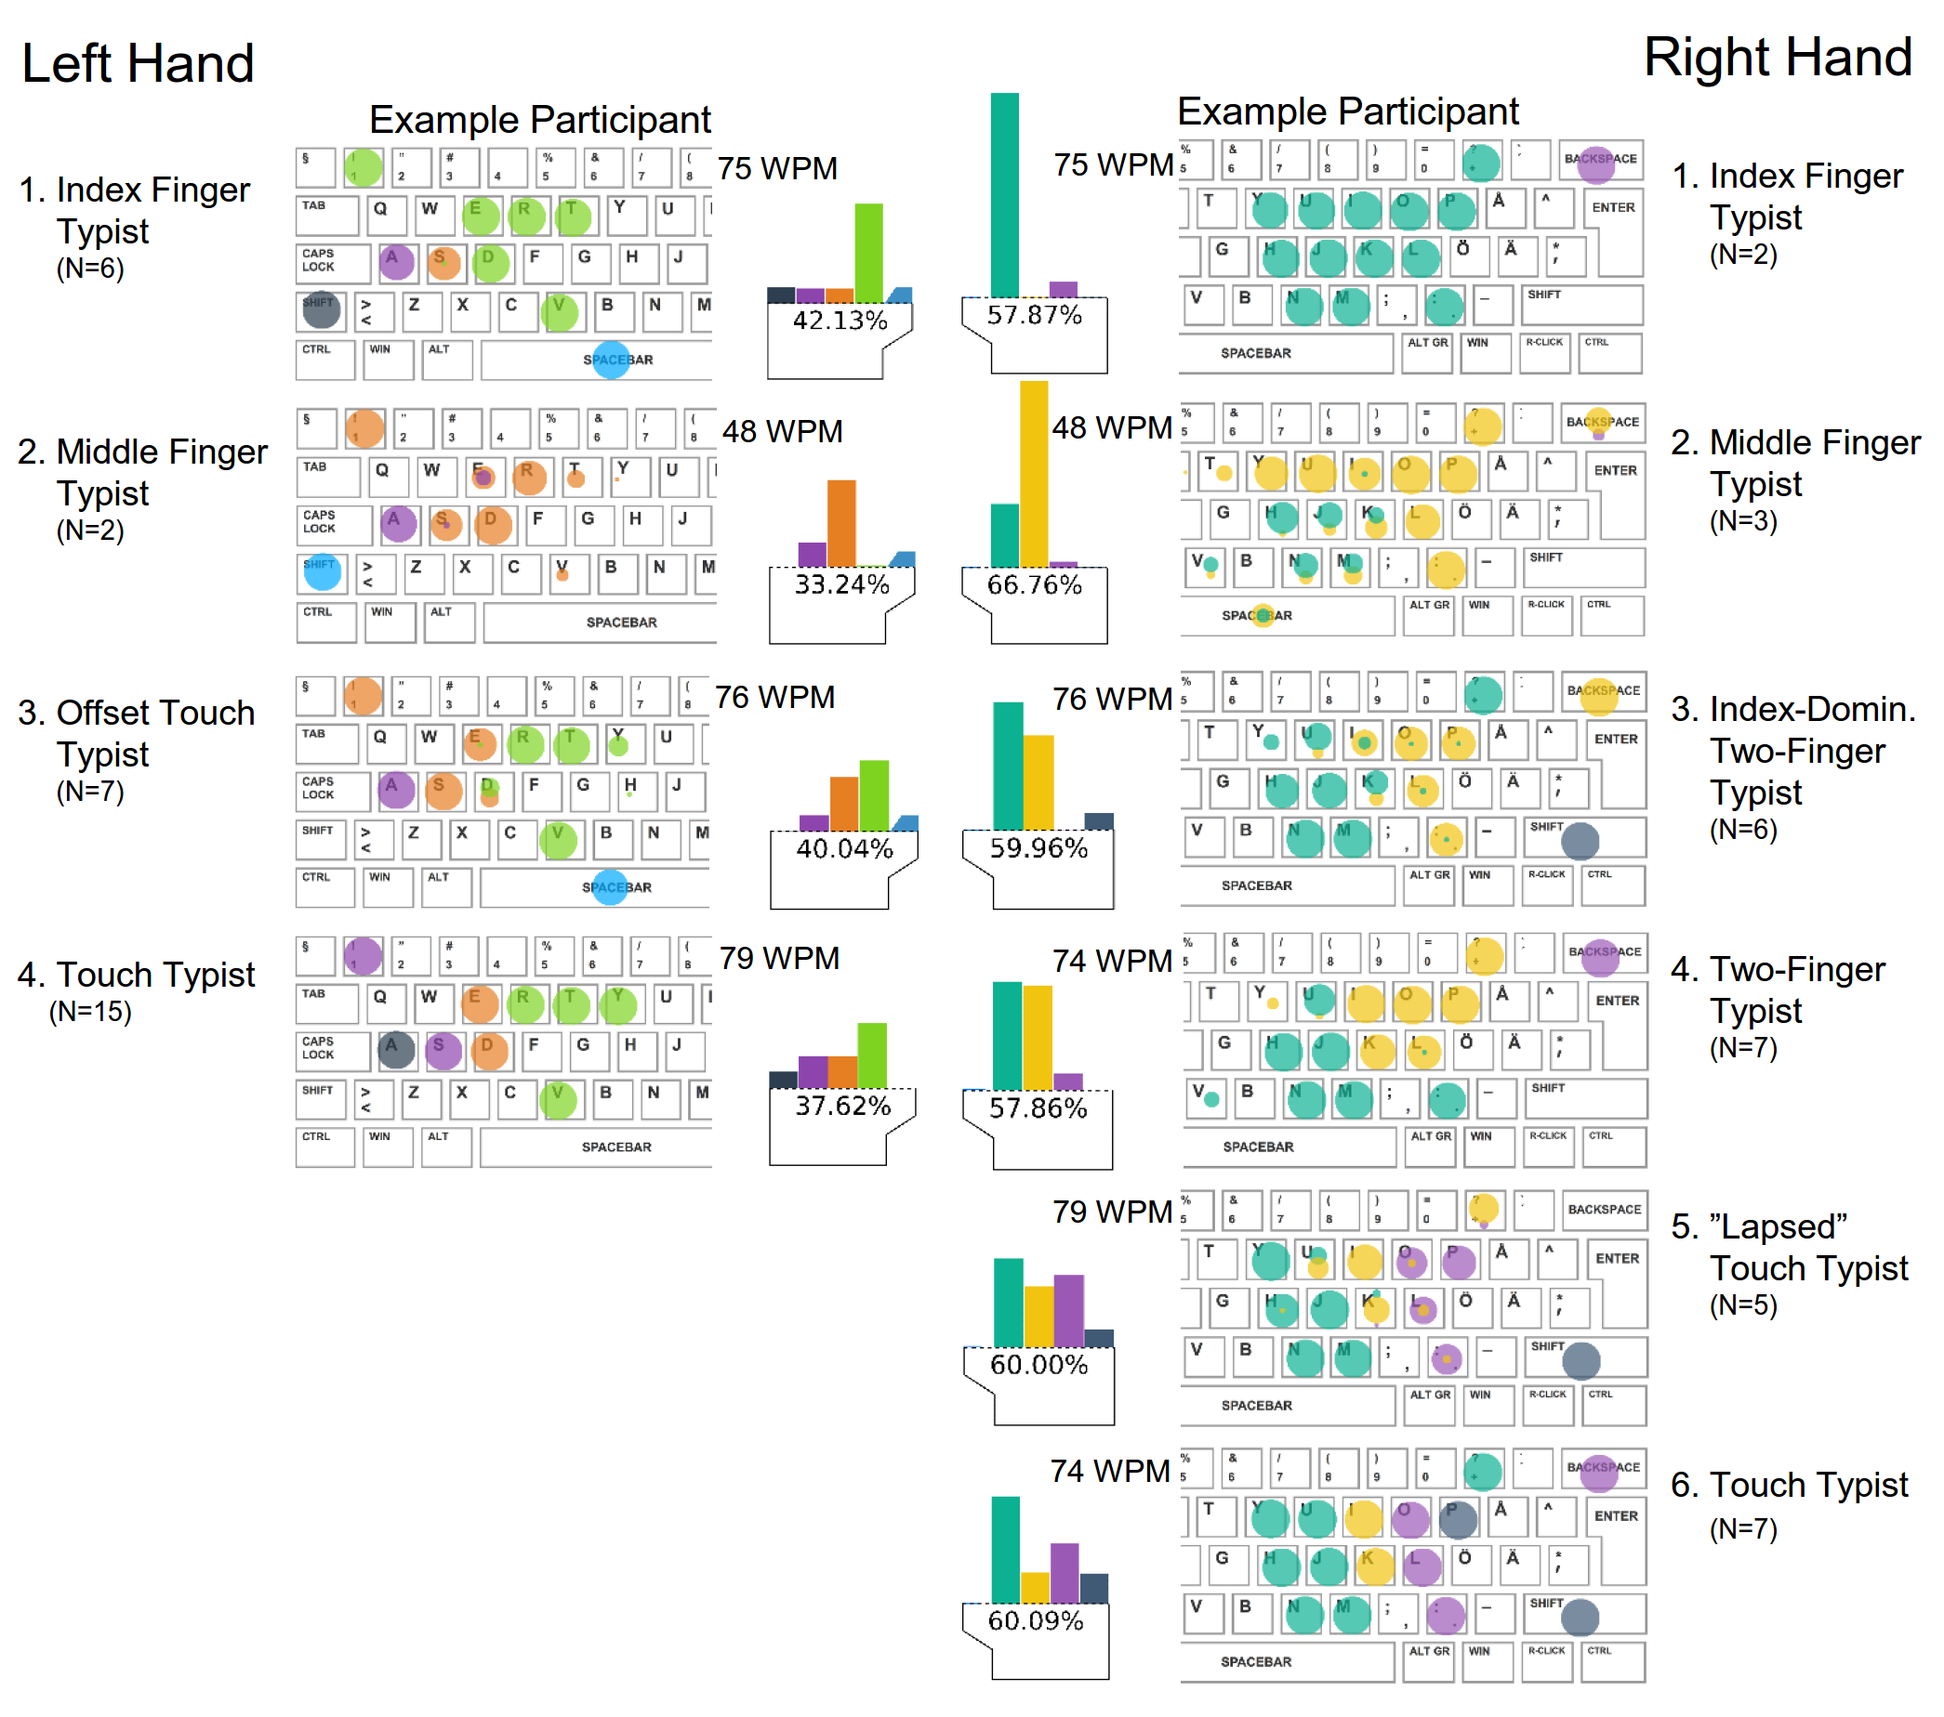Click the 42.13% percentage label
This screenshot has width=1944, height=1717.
point(840,321)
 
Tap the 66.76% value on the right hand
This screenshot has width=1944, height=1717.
point(1034,584)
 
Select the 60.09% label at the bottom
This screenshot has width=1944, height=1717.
point(1036,1620)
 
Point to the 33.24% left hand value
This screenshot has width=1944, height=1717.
point(841,583)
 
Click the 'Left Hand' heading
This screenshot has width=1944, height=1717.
point(138,64)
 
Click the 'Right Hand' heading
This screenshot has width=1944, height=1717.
point(1778,57)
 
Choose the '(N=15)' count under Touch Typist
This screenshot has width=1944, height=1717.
point(90,1012)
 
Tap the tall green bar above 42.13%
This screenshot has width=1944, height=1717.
point(868,252)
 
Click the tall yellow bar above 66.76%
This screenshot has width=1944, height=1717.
point(1034,474)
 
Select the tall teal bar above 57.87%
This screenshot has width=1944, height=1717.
point(1004,195)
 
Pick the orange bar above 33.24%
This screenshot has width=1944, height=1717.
point(840,523)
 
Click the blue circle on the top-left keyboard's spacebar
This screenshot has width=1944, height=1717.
point(612,360)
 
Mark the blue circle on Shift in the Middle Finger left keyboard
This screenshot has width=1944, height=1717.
point(323,572)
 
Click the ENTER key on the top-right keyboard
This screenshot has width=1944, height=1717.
point(1613,207)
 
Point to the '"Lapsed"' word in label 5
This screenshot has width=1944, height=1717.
point(1778,1226)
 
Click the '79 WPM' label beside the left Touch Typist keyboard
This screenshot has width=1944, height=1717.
point(779,958)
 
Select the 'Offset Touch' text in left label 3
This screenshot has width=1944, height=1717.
point(156,713)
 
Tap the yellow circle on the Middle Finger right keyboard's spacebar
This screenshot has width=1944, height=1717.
point(1263,616)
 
